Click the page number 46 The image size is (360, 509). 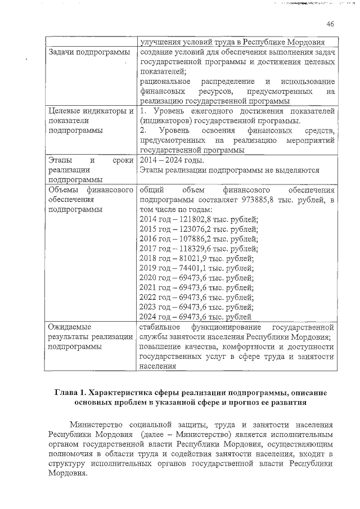[330, 24]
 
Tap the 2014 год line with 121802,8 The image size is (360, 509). [198, 219]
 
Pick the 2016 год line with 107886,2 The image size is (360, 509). [198, 239]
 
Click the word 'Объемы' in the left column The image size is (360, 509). [64, 190]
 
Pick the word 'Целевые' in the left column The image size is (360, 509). [66, 111]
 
